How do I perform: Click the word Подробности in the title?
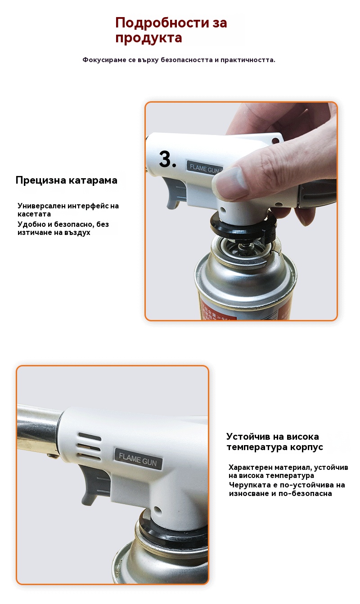tap(162, 23)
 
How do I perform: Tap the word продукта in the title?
tap(148, 38)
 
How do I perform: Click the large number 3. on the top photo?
tap(167, 159)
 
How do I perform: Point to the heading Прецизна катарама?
tap(66, 180)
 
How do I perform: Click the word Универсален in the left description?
tap(41, 206)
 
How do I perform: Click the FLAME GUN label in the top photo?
tap(204, 168)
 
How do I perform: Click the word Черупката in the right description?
tap(248, 485)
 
